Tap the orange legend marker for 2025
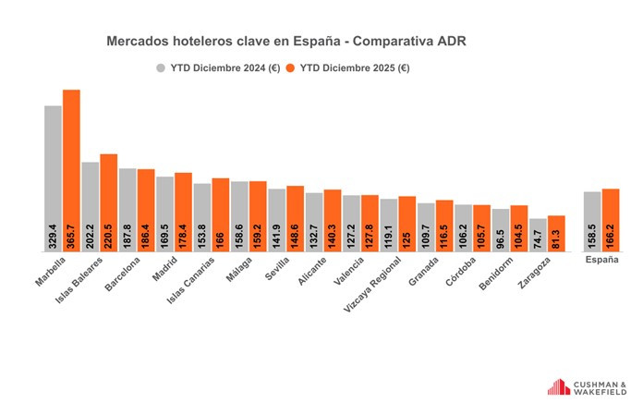click(289, 67)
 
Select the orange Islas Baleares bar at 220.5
click(109, 203)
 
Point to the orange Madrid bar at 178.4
click(184, 213)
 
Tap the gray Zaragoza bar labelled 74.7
click(538, 236)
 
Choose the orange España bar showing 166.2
click(610, 221)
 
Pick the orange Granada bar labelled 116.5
click(444, 226)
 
